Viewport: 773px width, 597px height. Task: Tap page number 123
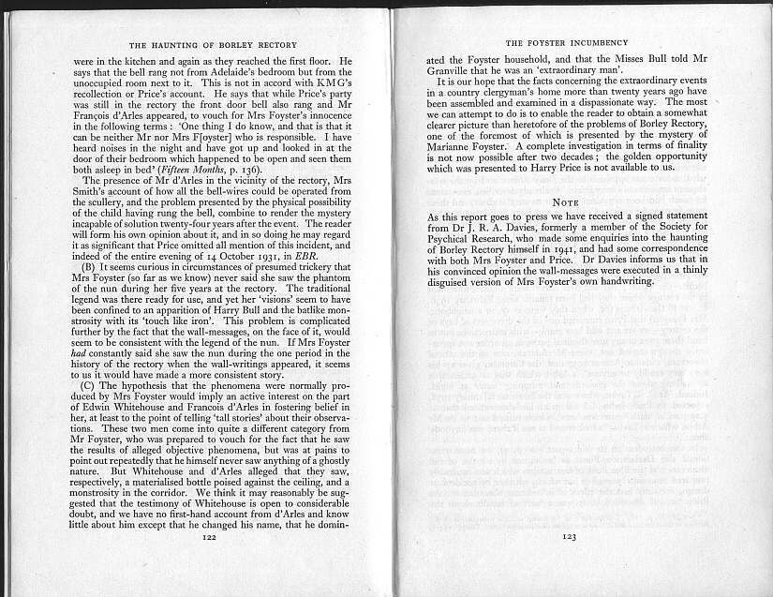(x=569, y=537)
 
